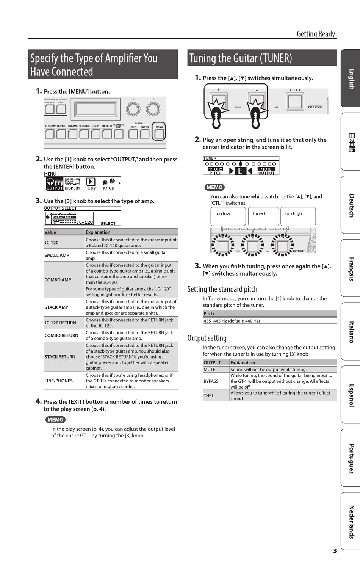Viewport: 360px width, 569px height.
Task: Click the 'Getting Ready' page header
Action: pyautogui.click(x=316, y=34)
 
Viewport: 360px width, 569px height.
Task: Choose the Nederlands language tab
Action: pyautogui.click(x=351, y=522)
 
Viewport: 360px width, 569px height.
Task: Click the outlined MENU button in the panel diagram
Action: pyautogui.click(x=159, y=133)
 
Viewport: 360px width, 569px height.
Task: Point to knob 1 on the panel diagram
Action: pyautogui.click(x=133, y=109)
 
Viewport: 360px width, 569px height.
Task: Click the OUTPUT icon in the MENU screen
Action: pyautogui.click(x=54, y=184)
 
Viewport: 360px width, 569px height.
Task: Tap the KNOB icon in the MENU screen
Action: pyautogui.click(x=108, y=184)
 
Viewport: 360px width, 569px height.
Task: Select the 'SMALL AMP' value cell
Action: pyautogui.click(x=57, y=255)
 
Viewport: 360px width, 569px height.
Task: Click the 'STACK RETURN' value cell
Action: pyautogui.click(x=60, y=357)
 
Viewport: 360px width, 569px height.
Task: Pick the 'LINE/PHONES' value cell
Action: pyautogui.click(x=59, y=381)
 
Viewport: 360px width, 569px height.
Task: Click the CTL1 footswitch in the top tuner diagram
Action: pyautogui.click(x=295, y=101)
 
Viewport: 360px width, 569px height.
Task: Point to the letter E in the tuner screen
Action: pyautogui.click(x=240, y=171)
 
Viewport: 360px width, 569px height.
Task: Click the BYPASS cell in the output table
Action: pyautogui.click(x=211, y=381)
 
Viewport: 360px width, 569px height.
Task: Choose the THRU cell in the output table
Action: pyautogui.click(x=209, y=396)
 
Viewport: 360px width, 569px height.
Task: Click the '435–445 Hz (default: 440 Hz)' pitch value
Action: pyautogui.click(x=232, y=321)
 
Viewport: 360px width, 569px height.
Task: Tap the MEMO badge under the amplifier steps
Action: pyautogui.click(x=55, y=420)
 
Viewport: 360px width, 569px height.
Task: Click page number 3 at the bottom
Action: pyautogui.click(x=335, y=551)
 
